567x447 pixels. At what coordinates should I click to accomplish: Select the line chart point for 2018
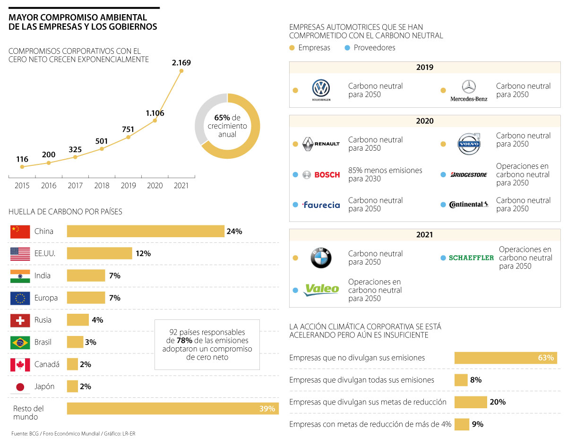pyautogui.click(x=102, y=149)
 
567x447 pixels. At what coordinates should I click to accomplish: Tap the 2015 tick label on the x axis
pyautogui.click(x=22, y=186)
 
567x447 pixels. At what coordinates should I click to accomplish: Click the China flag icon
pyautogui.click(x=20, y=232)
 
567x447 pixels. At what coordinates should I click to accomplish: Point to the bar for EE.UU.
pyautogui.click(x=99, y=253)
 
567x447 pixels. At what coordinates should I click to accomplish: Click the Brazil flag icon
pyautogui.click(x=20, y=342)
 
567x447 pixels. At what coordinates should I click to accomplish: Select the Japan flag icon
pyautogui.click(x=20, y=387)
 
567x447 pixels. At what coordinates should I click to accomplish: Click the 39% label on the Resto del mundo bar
pyautogui.click(x=267, y=409)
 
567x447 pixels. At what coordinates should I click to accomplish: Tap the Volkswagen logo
pyautogui.click(x=321, y=90)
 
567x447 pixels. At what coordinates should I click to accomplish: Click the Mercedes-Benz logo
pyautogui.click(x=468, y=90)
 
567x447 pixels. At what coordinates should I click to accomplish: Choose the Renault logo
pyautogui.click(x=321, y=144)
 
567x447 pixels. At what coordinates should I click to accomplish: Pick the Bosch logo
pyautogui.click(x=321, y=175)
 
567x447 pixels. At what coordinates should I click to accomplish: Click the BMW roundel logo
pyautogui.click(x=321, y=258)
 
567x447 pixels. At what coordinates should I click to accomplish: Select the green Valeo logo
pyautogui.click(x=321, y=289)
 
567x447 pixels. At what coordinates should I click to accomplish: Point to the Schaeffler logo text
pyautogui.click(x=471, y=258)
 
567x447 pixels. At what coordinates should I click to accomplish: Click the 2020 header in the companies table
pyautogui.click(x=424, y=121)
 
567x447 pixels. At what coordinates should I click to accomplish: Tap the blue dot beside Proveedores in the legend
pyautogui.click(x=347, y=48)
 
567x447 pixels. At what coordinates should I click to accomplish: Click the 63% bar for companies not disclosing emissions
pyautogui.click(x=505, y=358)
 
